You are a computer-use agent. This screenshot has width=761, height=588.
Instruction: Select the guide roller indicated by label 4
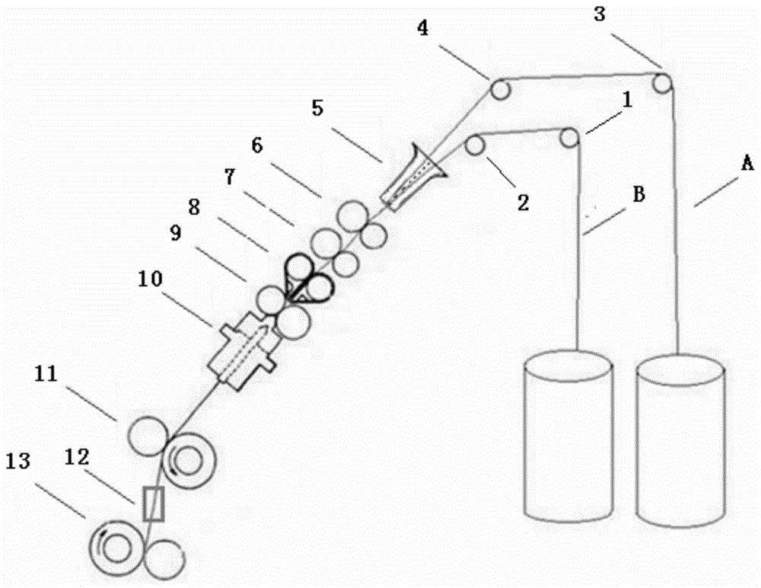[x=500, y=90]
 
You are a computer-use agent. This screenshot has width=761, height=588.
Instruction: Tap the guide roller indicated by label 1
[x=568, y=138]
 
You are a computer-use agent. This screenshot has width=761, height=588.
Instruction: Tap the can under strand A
[x=680, y=442]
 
